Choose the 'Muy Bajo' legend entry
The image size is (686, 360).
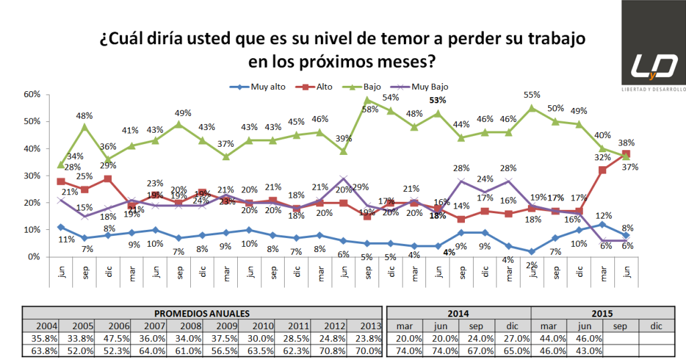click(429, 86)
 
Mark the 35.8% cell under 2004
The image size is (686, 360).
click(40, 337)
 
